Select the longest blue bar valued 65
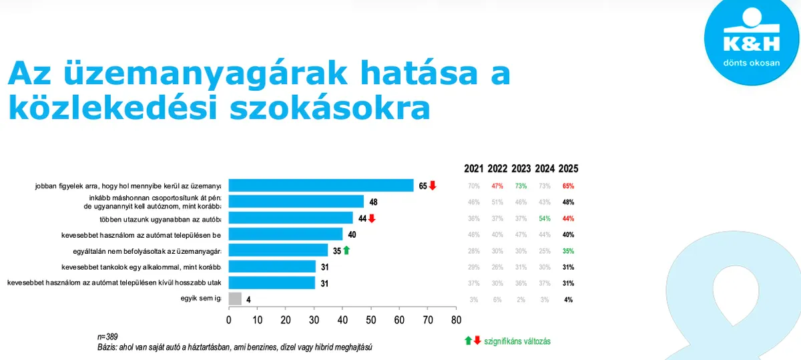pos(321,186)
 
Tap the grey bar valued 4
pos(235,299)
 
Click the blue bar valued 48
pos(296,202)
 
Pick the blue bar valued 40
pos(285,234)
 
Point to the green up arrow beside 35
pos(346,250)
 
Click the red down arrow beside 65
pos(432,186)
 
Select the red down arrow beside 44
pos(372,218)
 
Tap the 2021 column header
pos(474,168)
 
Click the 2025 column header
pos(568,168)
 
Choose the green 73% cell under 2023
pos(521,186)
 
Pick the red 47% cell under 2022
pos(497,186)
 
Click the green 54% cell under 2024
pos(545,218)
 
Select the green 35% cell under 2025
pos(568,250)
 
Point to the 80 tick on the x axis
pos(455,320)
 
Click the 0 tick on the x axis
pos(229,320)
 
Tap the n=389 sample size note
pos(107,337)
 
